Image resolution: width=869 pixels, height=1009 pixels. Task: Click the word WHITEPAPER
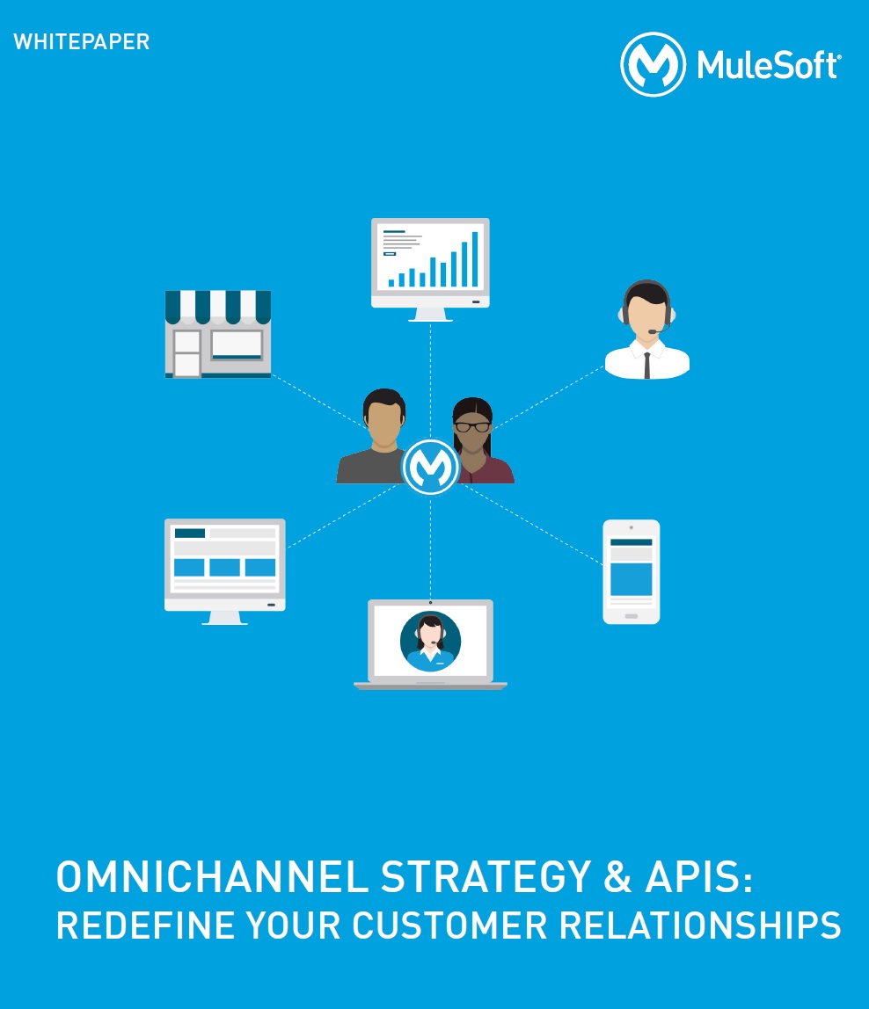[81, 42]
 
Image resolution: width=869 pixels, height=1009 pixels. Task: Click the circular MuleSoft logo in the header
[653, 64]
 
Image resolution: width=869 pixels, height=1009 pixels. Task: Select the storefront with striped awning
[218, 333]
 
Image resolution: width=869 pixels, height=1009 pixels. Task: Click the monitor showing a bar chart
[430, 269]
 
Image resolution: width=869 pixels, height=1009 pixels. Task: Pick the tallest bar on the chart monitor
[476, 258]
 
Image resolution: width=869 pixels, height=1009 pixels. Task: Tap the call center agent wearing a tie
[646, 329]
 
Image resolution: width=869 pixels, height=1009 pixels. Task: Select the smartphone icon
[632, 571]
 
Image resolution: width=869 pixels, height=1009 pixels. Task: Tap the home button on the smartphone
[632, 616]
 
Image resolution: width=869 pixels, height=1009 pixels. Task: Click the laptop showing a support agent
[430, 644]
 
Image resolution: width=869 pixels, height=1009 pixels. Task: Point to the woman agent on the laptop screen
[430, 642]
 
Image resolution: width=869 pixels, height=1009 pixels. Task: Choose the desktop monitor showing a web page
[225, 571]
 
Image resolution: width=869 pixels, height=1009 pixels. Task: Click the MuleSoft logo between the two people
[430, 467]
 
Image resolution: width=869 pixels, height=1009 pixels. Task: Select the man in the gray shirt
[376, 436]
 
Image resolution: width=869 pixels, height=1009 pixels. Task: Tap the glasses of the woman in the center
[472, 426]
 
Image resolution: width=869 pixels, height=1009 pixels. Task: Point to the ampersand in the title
[617, 877]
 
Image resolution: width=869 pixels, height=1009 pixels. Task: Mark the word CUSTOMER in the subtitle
[449, 926]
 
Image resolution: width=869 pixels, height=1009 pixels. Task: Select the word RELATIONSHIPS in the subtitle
[699, 926]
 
